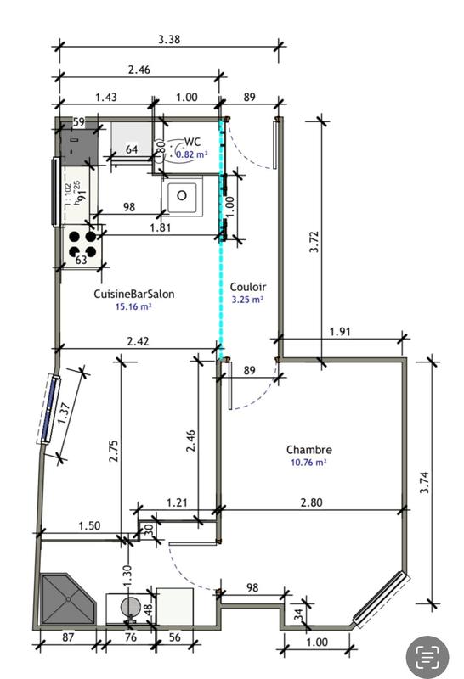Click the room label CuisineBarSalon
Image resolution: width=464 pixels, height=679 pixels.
(134, 293)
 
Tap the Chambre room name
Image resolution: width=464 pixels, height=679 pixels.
(308, 450)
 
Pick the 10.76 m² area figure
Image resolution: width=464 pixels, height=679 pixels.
(308, 463)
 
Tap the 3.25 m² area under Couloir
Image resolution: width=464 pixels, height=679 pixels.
(247, 300)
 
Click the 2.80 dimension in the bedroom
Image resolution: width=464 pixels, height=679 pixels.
(311, 502)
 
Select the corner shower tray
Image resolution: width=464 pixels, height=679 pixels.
(65, 602)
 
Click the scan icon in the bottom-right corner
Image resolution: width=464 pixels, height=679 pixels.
(427, 655)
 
